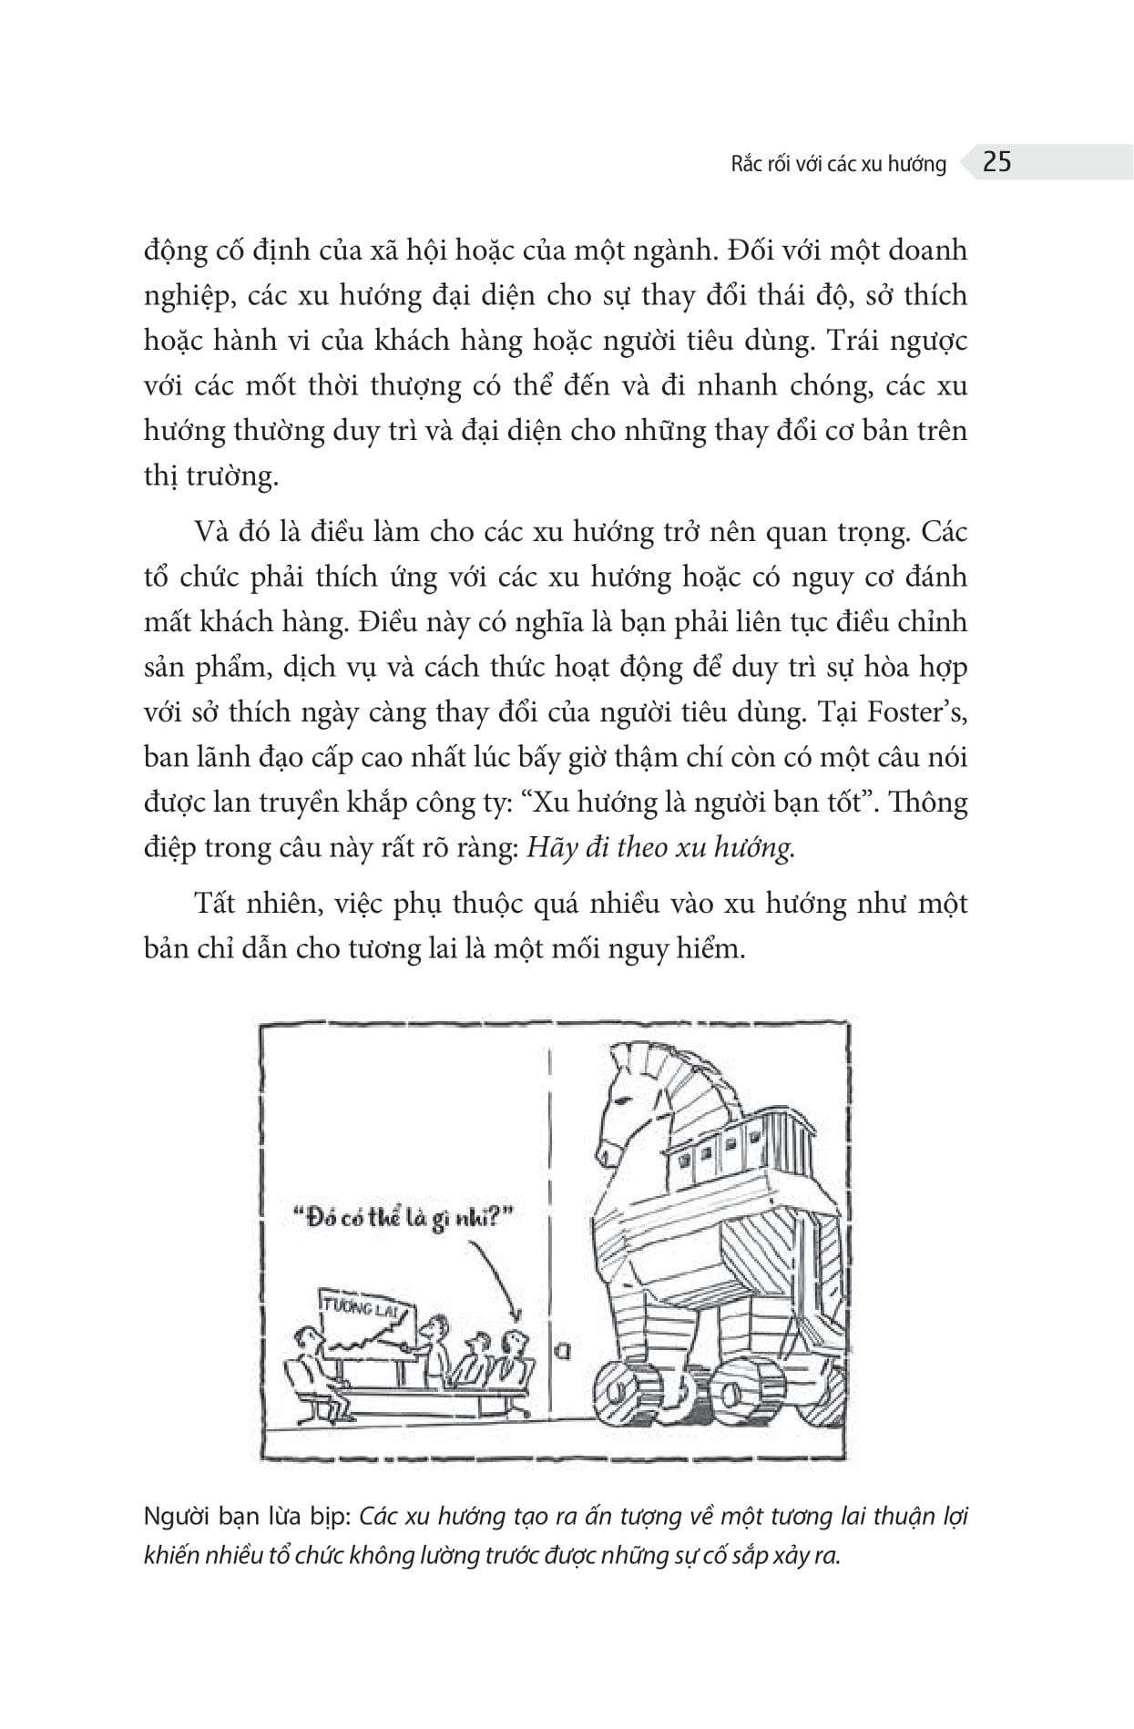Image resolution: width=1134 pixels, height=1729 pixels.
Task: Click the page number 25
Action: pyautogui.click(x=997, y=162)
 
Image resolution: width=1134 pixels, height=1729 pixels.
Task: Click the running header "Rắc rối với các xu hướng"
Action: pyautogui.click(x=839, y=164)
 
